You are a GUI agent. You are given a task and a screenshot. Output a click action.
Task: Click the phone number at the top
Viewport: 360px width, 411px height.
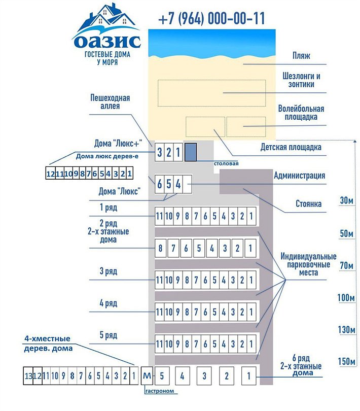pos(211,19)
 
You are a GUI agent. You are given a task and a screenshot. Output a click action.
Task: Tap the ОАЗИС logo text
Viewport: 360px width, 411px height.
pos(106,40)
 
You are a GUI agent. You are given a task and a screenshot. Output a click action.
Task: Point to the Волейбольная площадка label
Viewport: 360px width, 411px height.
pos(301,113)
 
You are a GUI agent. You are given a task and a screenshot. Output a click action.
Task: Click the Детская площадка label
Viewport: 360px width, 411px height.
pos(291,148)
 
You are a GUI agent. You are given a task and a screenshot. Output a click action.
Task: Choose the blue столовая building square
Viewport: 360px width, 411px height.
pos(190,152)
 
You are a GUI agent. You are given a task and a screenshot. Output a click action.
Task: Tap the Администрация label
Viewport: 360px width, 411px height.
pos(299,176)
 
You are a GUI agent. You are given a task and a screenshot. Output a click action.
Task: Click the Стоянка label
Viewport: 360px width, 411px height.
pos(308,204)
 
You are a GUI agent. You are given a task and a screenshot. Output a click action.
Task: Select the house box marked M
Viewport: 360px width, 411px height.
pos(147,376)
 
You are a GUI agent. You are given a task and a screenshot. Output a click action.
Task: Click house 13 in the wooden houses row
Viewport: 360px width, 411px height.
pos(28,376)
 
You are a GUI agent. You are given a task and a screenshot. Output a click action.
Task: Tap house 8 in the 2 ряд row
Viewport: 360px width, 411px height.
pos(161,249)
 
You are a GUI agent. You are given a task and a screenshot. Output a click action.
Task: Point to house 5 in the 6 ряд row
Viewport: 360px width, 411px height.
pos(161,376)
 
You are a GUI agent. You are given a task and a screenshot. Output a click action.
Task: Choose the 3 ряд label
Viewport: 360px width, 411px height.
pos(109,271)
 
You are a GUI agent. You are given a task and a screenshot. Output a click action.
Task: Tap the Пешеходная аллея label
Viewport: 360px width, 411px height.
pos(110,101)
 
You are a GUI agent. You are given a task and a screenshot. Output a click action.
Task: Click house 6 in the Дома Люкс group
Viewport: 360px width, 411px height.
pos(160,184)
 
